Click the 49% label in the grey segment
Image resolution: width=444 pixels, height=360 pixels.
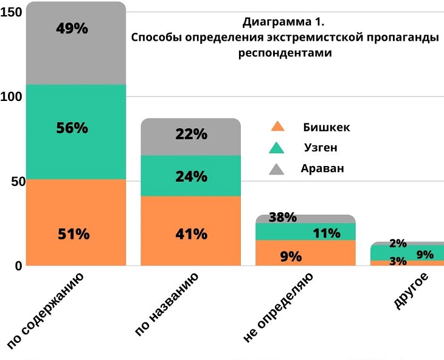pos(72,29)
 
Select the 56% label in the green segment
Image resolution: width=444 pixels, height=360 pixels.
pos(72,128)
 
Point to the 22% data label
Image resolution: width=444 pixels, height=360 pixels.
pos(191,134)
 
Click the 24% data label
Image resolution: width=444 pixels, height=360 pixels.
pos(191,177)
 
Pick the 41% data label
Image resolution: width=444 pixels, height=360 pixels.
pos(191,234)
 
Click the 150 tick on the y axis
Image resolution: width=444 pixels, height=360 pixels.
pos(12,12)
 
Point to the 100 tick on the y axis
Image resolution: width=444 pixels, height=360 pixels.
pos(12,97)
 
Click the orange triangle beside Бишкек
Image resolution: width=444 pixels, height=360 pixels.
pos(277,127)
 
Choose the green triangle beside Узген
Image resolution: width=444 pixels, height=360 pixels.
pos(277,148)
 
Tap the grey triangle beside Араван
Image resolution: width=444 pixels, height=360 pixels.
pos(277,169)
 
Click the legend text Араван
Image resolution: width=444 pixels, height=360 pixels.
pos(322,169)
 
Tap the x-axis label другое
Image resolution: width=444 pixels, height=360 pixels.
pos(412,292)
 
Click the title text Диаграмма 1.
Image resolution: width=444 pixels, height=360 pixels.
pos(283,22)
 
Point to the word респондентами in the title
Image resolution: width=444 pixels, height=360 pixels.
pos(285,53)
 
